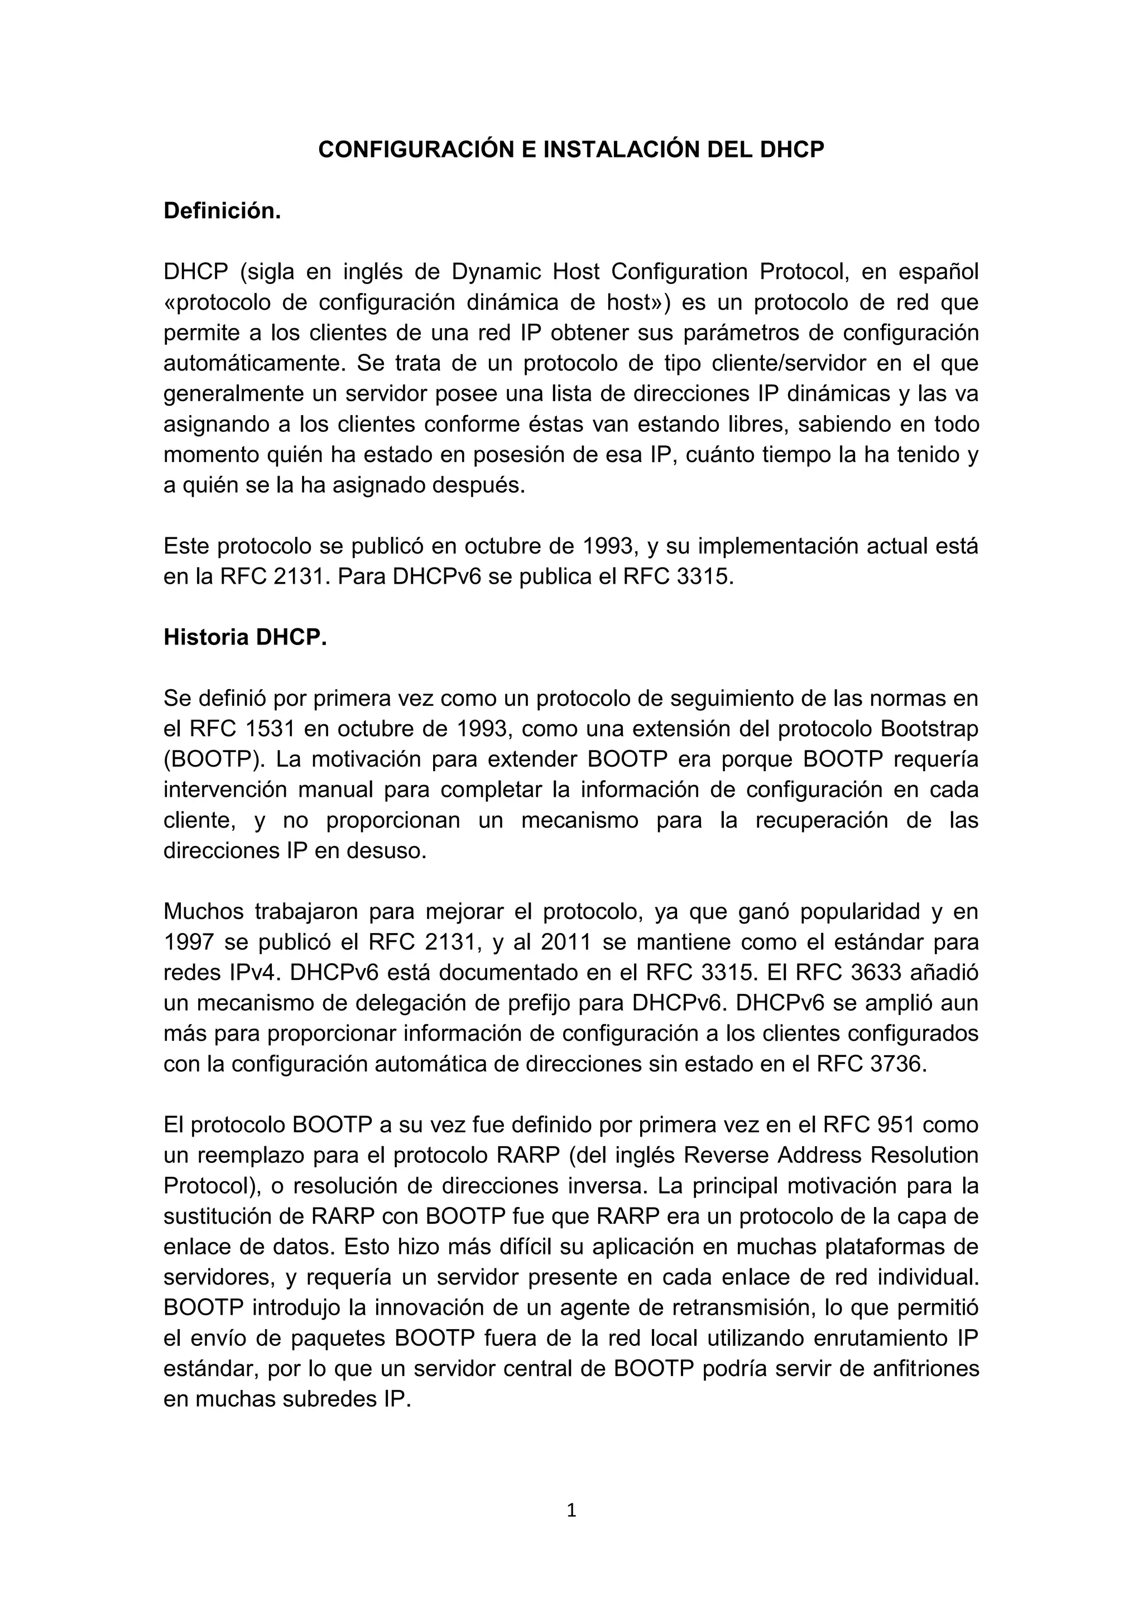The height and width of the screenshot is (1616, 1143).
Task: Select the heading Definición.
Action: (222, 210)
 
